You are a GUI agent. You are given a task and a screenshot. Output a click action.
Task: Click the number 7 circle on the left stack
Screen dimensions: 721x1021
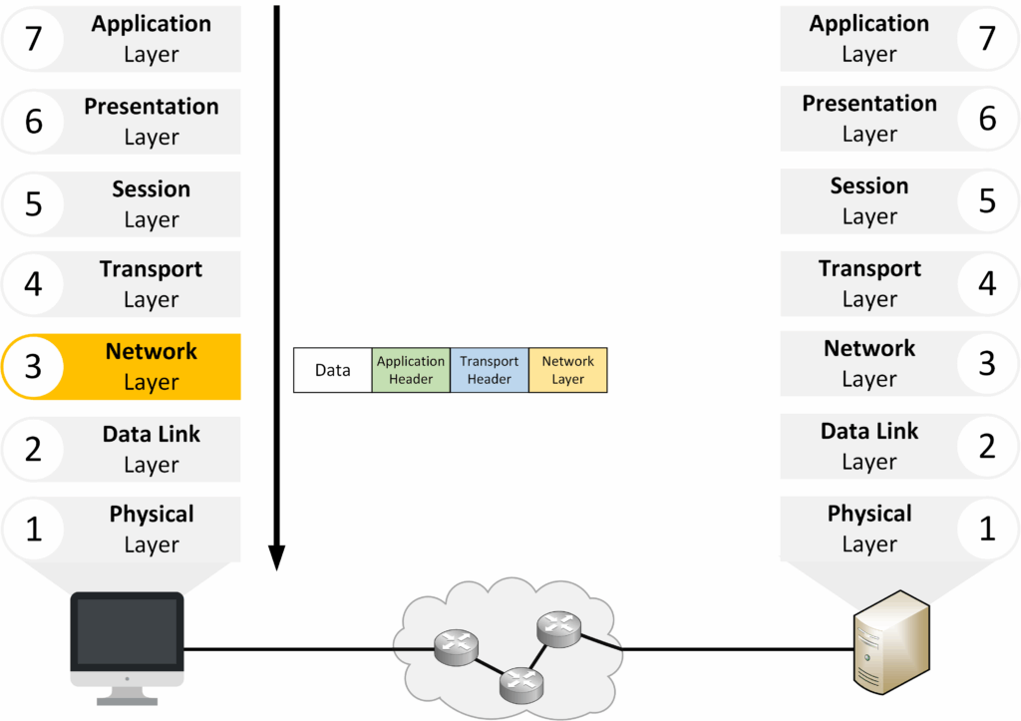[x=33, y=40]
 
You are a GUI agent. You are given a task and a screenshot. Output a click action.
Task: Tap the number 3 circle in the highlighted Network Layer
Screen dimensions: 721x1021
[x=33, y=367]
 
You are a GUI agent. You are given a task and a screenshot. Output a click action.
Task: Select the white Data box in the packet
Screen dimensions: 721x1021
[x=333, y=370]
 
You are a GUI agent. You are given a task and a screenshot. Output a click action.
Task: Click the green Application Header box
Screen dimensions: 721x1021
[x=411, y=370]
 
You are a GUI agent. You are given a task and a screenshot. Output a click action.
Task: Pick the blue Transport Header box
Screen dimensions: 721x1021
[x=490, y=370]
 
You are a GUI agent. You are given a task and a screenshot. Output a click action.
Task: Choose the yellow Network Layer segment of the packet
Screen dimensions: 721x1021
[x=568, y=370]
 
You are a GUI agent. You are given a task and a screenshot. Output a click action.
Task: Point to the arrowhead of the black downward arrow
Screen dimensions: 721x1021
[x=277, y=558]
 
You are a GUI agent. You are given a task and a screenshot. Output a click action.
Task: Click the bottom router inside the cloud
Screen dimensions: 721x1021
[x=519, y=681]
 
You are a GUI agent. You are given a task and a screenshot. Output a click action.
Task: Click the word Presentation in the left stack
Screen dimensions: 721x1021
[x=152, y=107]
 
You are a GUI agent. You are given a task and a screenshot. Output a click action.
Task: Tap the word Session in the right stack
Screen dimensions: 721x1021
[x=869, y=186]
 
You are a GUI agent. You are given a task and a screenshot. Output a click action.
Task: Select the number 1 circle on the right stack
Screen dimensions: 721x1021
[x=987, y=529]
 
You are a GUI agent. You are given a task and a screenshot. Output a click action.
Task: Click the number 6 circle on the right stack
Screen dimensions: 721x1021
[x=987, y=118]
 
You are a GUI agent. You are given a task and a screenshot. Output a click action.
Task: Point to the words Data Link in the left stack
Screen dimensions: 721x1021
[x=152, y=435]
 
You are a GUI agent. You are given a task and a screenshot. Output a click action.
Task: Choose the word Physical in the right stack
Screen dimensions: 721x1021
[x=869, y=515]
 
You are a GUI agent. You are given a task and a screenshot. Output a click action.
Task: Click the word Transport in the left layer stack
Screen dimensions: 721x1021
[x=152, y=269]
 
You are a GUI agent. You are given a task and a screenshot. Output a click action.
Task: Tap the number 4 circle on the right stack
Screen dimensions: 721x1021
[x=987, y=283]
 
